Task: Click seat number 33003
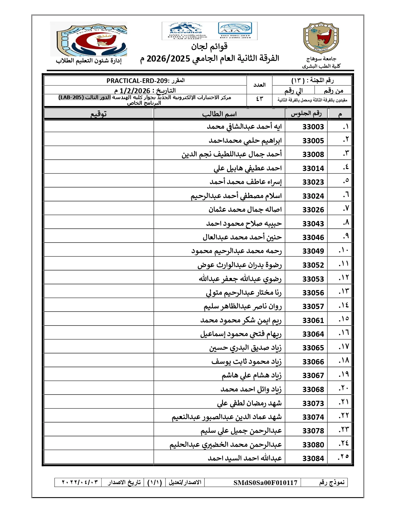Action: pyautogui.click(x=313, y=127)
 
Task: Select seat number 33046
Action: pyautogui.click(x=313, y=238)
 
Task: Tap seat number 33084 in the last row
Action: pyautogui.click(x=313, y=459)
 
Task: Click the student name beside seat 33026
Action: pyautogui.click(x=245, y=210)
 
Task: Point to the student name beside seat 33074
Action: pyautogui.click(x=227, y=417)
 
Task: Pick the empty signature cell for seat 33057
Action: pyautogui.click(x=99, y=307)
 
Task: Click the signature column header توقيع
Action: pyautogui.click(x=99, y=114)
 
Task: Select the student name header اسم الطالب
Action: pyautogui.click(x=219, y=114)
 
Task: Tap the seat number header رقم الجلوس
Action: pyautogui.click(x=306, y=113)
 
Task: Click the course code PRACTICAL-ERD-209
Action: pyautogui.click(x=137, y=81)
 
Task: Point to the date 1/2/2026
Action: pyautogui.click(x=135, y=91)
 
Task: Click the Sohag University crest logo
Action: pyautogui.click(x=321, y=38)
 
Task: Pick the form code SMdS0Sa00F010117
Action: pyautogui.click(x=265, y=483)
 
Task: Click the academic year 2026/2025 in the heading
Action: pyautogui.click(x=168, y=58)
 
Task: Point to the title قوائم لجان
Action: pyautogui.click(x=209, y=47)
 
